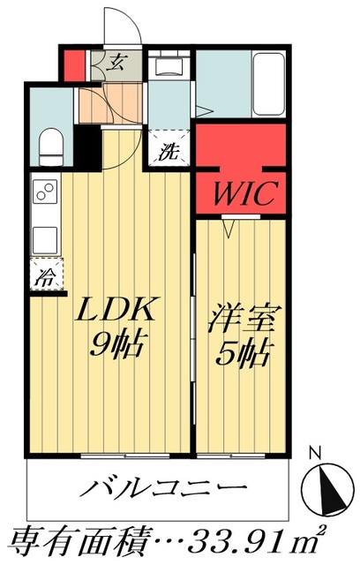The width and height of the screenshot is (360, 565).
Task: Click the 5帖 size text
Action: (x=240, y=353)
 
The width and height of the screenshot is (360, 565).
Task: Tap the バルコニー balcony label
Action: (x=163, y=488)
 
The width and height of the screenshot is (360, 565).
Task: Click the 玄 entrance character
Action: (x=117, y=62)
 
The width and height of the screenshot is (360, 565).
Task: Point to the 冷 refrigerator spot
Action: (x=43, y=276)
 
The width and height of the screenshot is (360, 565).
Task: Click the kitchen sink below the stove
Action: (x=44, y=237)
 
